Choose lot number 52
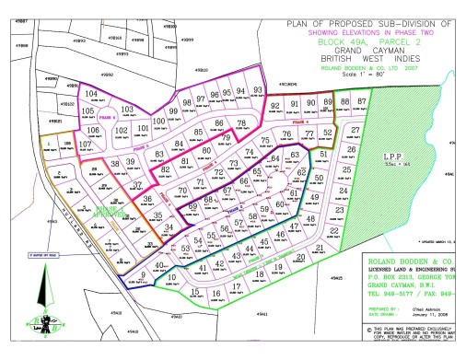point(328,133)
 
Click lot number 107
point(85,145)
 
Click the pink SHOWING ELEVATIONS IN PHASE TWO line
point(378,30)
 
